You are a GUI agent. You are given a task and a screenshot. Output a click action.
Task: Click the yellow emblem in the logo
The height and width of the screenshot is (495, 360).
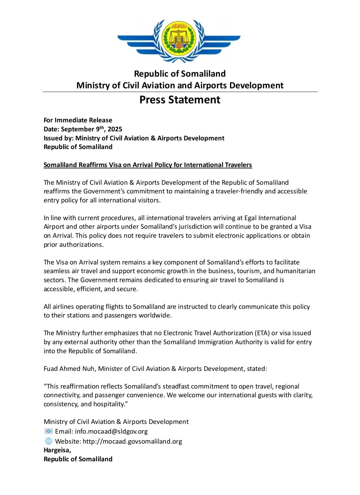point(179,39)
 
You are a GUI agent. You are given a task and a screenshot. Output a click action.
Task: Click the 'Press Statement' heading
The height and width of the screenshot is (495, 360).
point(180,100)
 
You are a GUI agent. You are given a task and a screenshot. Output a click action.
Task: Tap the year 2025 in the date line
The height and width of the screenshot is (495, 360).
point(115,129)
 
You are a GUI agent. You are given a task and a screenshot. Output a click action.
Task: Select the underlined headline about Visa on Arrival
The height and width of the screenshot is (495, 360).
point(148,165)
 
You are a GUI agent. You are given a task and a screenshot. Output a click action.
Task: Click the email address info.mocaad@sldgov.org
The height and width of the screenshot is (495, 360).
point(111,431)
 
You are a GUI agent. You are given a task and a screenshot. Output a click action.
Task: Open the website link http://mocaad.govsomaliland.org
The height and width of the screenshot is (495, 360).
point(132,441)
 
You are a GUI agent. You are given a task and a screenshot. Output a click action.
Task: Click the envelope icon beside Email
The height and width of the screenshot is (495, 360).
point(49,431)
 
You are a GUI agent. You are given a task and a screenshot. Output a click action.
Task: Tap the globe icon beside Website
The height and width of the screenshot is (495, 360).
point(49,441)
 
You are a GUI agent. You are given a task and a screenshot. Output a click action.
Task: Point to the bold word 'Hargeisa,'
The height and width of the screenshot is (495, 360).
point(57,450)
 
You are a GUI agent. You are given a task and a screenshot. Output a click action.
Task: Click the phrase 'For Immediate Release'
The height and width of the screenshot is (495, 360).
point(78,120)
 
